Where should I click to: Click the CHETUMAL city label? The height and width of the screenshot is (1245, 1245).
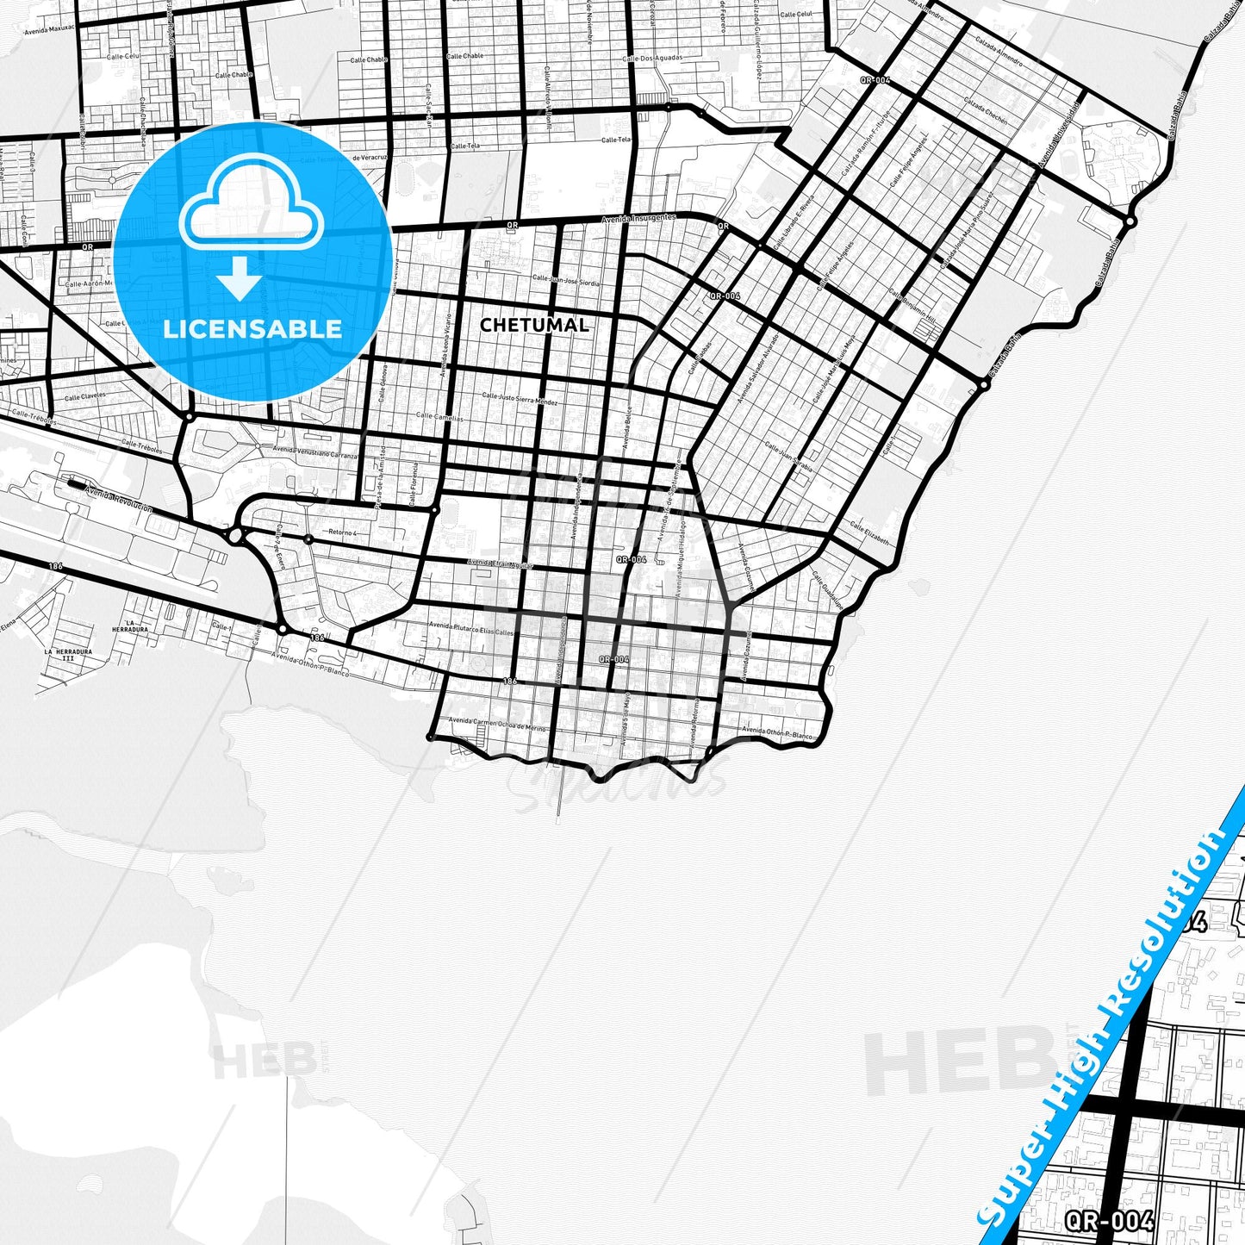(534, 325)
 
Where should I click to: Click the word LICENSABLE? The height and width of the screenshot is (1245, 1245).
(252, 328)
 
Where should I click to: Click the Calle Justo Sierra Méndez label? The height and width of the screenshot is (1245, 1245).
(520, 399)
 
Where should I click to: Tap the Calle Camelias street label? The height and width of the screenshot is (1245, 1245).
(440, 417)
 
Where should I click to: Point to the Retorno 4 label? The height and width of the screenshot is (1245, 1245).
(342, 532)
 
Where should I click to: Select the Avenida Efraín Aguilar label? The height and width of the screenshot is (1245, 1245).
(501, 563)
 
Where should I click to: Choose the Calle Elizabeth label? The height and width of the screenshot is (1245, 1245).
(869, 533)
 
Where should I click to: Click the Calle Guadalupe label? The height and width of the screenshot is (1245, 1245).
(826, 593)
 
